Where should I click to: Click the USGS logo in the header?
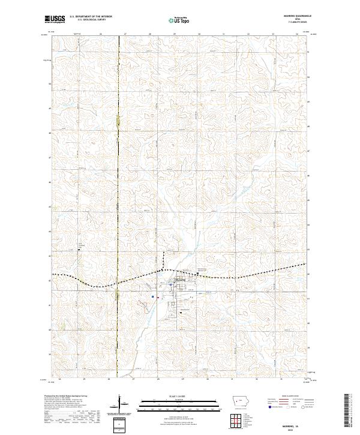tap(55, 19)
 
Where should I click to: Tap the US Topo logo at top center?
tap(178, 20)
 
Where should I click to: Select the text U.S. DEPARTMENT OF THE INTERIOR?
tap(91, 17)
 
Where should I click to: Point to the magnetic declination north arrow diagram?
tap(120, 403)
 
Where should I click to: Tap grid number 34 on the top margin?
tap(298, 34)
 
